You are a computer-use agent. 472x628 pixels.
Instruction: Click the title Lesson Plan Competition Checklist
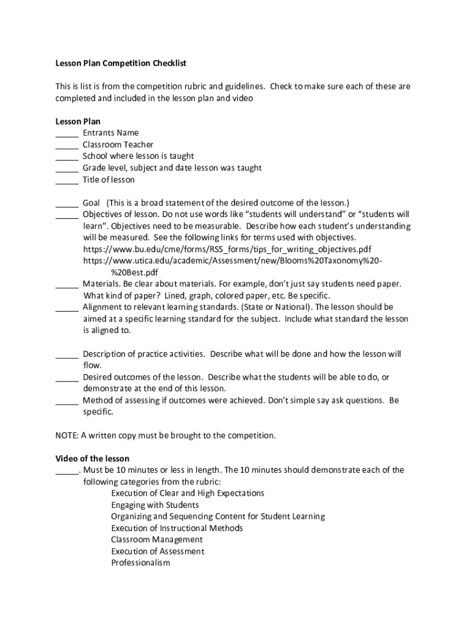coord(121,63)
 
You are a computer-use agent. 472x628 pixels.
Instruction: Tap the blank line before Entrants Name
coord(67,133)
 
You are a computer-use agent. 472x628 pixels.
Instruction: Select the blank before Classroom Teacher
coord(67,145)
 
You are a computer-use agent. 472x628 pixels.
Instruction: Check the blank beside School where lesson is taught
coord(67,156)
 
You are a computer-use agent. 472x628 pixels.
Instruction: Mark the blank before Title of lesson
coord(67,180)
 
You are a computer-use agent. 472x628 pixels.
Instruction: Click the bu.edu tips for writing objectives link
coord(227,249)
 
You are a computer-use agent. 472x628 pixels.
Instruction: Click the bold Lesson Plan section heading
coord(78,121)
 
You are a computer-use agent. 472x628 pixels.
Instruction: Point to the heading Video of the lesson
coord(93,459)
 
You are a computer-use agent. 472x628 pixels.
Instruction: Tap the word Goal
coord(91,203)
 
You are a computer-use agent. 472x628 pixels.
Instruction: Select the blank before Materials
coord(67,284)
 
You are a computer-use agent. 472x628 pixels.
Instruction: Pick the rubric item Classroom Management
coord(156,540)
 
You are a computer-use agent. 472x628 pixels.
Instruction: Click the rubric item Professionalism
coord(140,563)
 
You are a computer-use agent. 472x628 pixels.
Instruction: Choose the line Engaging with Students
coord(154,505)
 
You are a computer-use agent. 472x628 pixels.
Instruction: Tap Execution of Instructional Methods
coord(177,528)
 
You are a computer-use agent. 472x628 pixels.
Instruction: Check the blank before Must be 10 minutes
coord(67,471)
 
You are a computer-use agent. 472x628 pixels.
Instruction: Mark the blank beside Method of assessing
coord(67,401)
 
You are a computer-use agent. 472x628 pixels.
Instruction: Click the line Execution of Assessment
coord(158,551)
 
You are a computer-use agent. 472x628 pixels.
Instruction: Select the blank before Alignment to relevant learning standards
coord(67,307)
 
